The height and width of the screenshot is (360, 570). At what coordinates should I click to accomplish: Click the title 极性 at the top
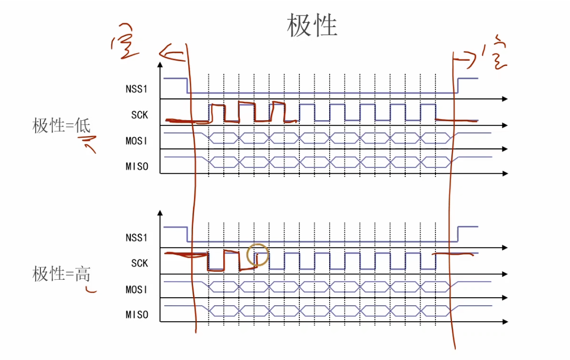click(312, 26)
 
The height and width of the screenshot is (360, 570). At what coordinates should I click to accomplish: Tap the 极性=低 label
click(62, 126)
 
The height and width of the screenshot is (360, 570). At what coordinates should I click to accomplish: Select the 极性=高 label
click(62, 274)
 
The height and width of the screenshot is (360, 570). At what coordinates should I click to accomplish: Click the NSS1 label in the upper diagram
click(136, 89)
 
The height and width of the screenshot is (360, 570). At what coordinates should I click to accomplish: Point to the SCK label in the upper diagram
click(139, 114)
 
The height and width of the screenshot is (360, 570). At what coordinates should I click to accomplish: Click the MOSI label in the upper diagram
click(136, 141)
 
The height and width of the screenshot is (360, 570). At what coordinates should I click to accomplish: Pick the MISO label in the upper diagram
click(136, 166)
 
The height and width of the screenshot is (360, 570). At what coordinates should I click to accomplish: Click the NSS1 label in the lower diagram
click(136, 238)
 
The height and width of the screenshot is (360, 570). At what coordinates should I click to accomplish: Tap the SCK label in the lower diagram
click(139, 263)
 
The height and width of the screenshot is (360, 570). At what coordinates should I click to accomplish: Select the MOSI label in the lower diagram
click(136, 290)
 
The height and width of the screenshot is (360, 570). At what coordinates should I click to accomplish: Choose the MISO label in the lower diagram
click(136, 315)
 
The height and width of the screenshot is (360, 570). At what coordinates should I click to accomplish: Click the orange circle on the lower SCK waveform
click(258, 255)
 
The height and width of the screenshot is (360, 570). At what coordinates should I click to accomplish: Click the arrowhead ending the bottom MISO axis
click(505, 322)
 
